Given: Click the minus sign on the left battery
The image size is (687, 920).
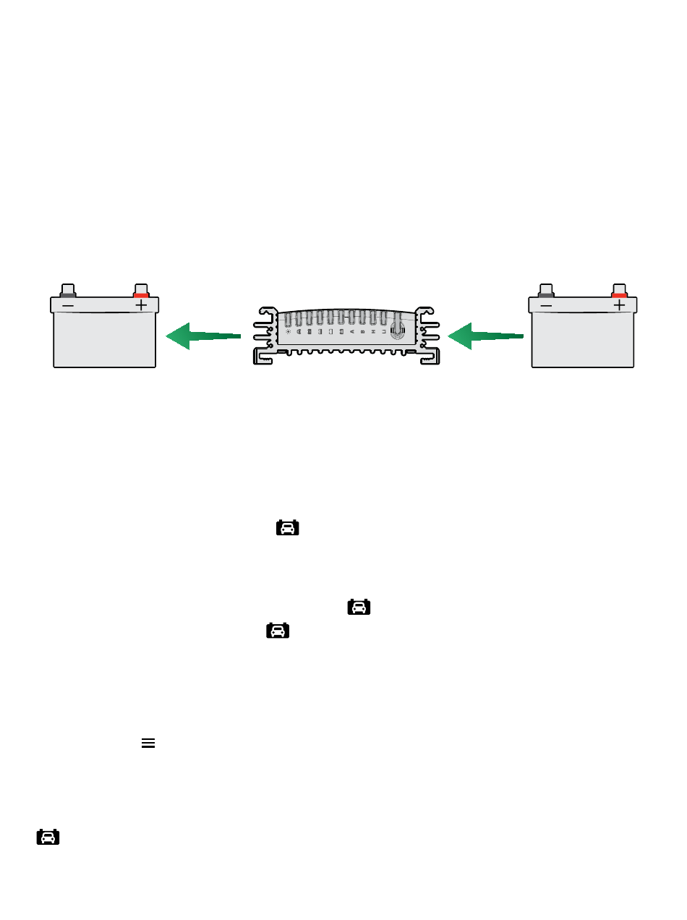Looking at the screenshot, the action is point(67,305).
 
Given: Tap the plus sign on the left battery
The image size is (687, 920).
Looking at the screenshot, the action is point(141,305).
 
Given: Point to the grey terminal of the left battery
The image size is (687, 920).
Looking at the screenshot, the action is point(67,291).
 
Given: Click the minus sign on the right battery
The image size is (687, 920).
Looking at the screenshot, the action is point(546,305).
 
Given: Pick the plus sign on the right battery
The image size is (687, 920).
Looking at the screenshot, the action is point(619,305).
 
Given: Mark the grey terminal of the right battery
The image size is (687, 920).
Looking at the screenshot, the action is point(546,291).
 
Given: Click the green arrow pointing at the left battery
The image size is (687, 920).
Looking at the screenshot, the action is point(202,336).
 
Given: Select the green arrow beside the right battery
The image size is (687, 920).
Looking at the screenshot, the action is point(485,336).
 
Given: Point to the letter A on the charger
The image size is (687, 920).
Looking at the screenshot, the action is point(351,331).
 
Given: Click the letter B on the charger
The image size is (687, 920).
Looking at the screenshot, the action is point(362,331).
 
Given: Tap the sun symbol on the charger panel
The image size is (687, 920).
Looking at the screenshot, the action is point(288,332).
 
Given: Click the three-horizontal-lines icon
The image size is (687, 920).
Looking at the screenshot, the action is point(148,743).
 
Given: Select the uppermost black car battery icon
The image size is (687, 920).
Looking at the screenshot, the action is point(287,528).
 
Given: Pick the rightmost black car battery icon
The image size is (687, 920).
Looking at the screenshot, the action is point(359,607).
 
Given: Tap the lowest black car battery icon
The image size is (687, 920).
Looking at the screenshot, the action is point(48,838).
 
